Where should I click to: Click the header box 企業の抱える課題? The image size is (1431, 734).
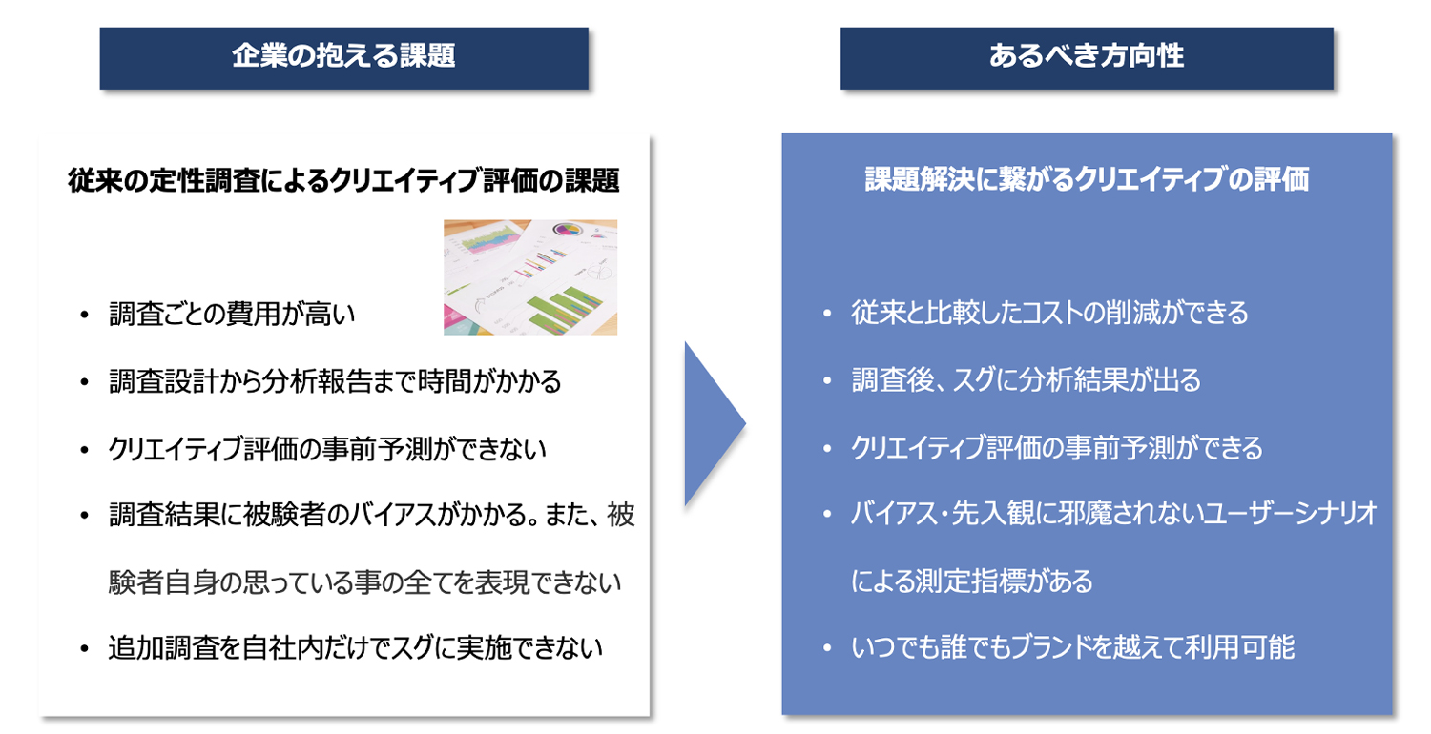click(x=343, y=58)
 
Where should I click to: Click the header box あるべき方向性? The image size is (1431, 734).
click(x=1087, y=58)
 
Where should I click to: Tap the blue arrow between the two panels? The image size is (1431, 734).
click(x=715, y=424)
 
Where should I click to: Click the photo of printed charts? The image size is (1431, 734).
click(x=530, y=277)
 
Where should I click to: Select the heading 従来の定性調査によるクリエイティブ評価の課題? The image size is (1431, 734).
click(x=343, y=180)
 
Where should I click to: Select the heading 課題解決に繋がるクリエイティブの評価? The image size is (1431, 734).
click(x=1087, y=179)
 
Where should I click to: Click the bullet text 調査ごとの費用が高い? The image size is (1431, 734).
click(x=232, y=314)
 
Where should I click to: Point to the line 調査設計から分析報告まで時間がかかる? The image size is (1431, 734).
click(x=335, y=381)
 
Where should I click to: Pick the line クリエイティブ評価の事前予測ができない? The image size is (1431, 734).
click(x=327, y=449)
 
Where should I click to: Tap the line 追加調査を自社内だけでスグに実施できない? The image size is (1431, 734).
click(x=355, y=648)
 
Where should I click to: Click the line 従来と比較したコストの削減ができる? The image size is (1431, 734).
click(x=1049, y=313)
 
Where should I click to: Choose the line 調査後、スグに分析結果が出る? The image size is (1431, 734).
click(x=1026, y=380)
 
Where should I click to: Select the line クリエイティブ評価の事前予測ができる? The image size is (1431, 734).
click(x=1057, y=448)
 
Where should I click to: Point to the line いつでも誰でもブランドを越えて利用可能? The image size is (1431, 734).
click(x=1072, y=647)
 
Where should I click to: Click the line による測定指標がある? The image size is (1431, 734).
click(x=972, y=581)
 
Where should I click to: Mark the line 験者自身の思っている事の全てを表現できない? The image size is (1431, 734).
click(x=364, y=582)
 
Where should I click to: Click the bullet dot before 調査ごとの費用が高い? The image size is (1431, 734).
click(x=84, y=315)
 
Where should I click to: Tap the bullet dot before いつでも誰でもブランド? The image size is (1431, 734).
click(x=827, y=648)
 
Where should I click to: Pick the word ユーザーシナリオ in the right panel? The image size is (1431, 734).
click(x=1289, y=514)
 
